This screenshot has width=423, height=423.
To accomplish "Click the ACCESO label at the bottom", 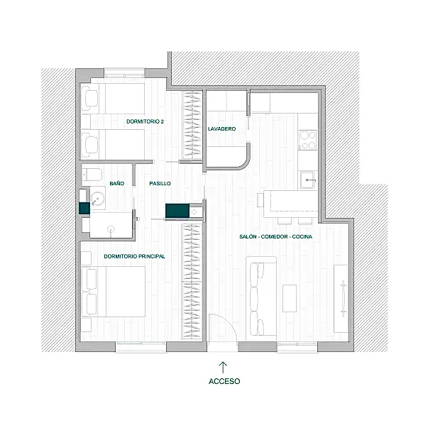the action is pyautogui.click(x=224, y=381).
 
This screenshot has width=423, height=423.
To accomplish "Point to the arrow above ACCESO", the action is pyautogui.click(x=223, y=368).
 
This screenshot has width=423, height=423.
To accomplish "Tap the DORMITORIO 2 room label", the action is pyautogui.click(x=145, y=121).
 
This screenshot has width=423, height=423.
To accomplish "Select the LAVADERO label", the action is pyautogui.click(x=221, y=129).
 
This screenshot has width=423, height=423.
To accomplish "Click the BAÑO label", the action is pyautogui.click(x=117, y=183).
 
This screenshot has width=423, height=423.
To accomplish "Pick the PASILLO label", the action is pyautogui.click(x=160, y=183).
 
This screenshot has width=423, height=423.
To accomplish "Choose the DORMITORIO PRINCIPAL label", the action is pyautogui.click(x=134, y=256).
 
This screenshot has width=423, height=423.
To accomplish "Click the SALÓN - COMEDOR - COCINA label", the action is pyautogui.click(x=275, y=236).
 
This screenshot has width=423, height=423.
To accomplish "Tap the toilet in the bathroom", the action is pyautogui.click(x=92, y=175).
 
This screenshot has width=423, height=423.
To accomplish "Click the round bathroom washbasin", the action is pyautogui.click(x=97, y=199).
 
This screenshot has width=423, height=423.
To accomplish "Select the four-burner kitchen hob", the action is pyautogui.click(x=308, y=140).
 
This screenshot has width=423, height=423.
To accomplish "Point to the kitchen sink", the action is pyautogui.click(x=308, y=180).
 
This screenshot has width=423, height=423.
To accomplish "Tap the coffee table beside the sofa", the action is pyautogui.click(x=290, y=298).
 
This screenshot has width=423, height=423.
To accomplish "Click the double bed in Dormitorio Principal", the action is pyautogui.click(x=114, y=292).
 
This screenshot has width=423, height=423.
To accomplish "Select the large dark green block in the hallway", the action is pyautogui.click(x=177, y=211).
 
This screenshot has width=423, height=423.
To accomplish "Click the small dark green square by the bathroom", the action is pyautogui.click(x=84, y=209).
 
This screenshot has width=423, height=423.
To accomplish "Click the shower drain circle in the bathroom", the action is pyautogui.click(x=111, y=229).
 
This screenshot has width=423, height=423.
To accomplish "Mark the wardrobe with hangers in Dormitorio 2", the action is pyautogui.click(x=192, y=125).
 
